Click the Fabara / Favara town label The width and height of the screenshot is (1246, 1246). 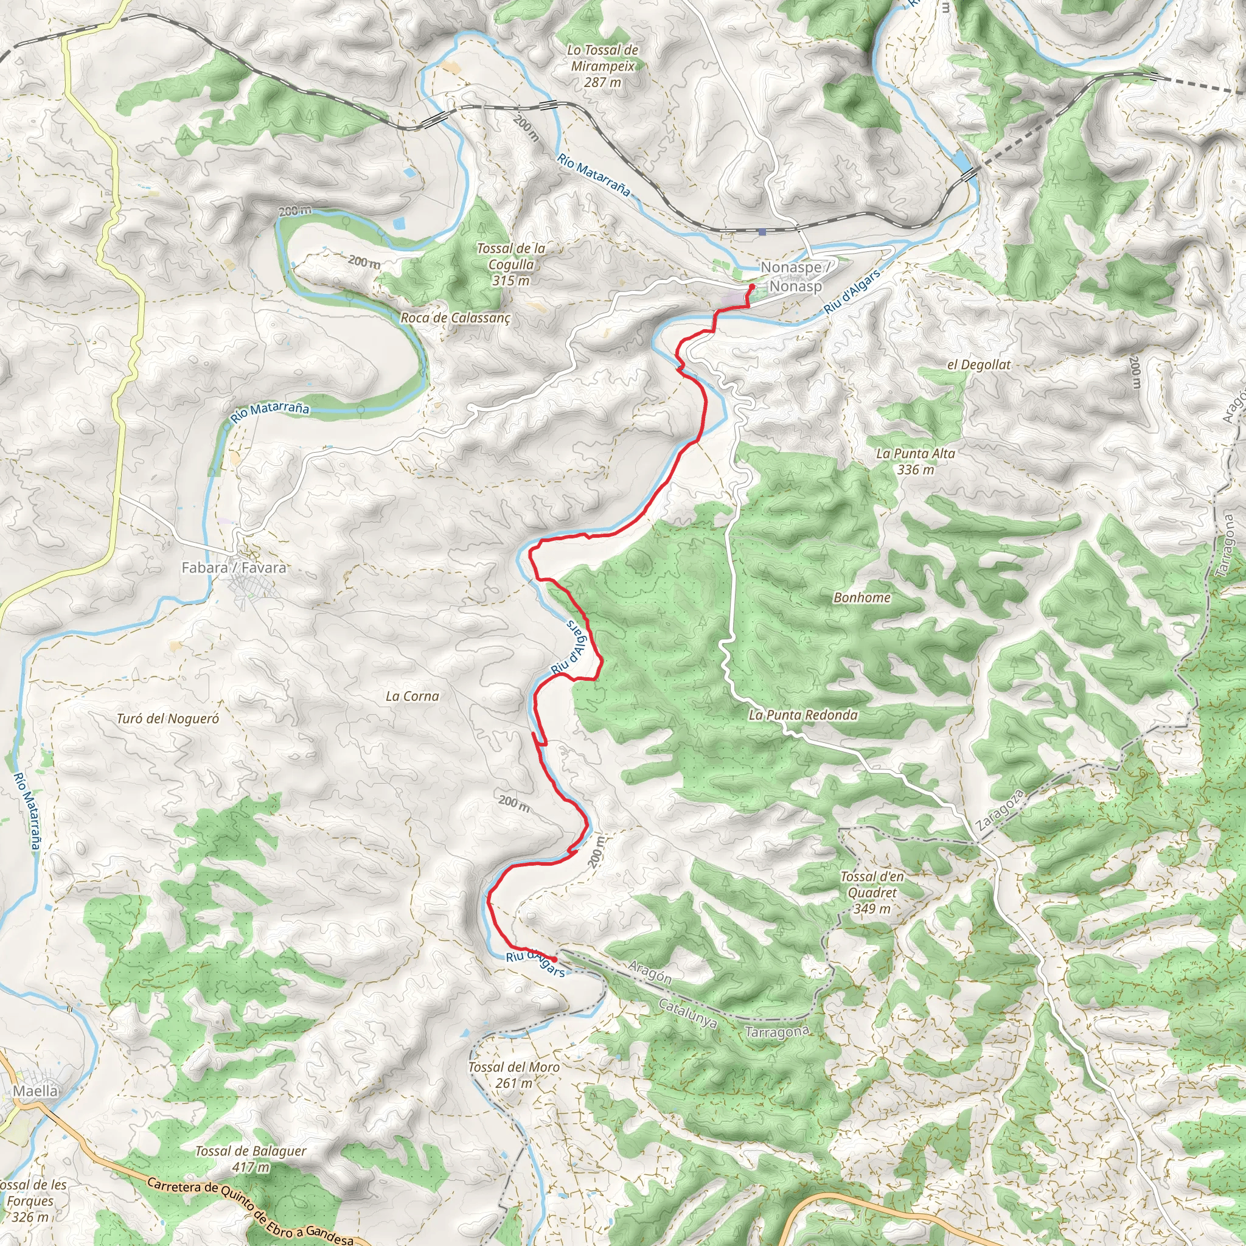pyautogui.click(x=234, y=568)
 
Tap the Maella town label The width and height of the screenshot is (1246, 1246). pyautogui.click(x=35, y=1091)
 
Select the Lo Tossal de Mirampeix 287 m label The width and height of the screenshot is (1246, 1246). pyautogui.click(x=602, y=66)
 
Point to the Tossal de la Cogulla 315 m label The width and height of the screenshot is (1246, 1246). pyautogui.click(x=511, y=265)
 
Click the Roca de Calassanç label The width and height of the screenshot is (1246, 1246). pyautogui.click(x=455, y=318)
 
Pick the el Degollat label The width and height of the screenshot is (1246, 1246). pyautogui.click(x=978, y=364)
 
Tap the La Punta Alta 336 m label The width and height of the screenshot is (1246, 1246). pyautogui.click(x=915, y=461)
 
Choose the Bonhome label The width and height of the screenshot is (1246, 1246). pyautogui.click(x=861, y=597)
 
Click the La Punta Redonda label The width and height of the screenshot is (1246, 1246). pyautogui.click(x=803, y=715)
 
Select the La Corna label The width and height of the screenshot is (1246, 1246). pyautogui.click(x=412, y=696)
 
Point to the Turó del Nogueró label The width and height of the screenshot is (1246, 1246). pyautogui.click(x=168, y=719)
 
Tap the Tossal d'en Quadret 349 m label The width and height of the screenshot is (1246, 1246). pyautogui.click(x=872, y=893)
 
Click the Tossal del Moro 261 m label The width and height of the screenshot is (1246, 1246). pyautogui.click(x=513, y=1075)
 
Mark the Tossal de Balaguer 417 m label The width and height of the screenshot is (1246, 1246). pyautogui.click(x=251, y=1158)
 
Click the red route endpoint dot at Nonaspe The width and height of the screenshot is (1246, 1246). pyautogui.click(x=751, y=287)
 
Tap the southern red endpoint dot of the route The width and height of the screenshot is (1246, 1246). pyautogui.click(x=555, y=959)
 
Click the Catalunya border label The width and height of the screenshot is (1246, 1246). pyautogui.click(x=688, y=1012)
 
